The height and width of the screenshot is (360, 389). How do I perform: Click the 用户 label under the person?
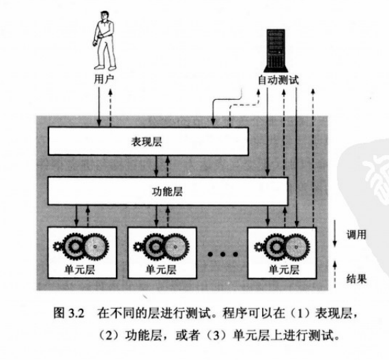coord(104,79)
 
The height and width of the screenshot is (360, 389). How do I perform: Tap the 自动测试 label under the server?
coord(278,80)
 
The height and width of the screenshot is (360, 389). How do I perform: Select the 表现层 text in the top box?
coord(147,142)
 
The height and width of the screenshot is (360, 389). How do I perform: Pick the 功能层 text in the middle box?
coord(167,191)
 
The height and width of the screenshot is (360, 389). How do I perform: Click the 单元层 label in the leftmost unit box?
coord(80,269)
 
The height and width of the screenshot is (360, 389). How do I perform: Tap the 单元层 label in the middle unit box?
coord(161,269)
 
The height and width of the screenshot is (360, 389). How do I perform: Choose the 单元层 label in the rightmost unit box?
coord(284,269)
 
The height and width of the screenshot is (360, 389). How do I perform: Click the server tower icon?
coord(276,51)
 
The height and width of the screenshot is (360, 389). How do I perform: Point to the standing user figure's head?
coord(104,16)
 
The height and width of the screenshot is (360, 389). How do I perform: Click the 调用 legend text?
coord(356,234)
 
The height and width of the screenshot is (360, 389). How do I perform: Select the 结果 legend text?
coord(356,279)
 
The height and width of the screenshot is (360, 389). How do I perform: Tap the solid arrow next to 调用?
coord(334,233)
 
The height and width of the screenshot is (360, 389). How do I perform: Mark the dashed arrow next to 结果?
coord(334,275)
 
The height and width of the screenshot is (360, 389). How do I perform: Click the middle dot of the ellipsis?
coord(222,254)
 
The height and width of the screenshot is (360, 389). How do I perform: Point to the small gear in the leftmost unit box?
coord(58,247)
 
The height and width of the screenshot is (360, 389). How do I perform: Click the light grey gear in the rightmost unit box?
coord(297,247)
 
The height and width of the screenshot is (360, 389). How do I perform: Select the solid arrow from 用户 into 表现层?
coord(99,107)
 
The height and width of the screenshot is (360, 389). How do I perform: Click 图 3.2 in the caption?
coord(69,314)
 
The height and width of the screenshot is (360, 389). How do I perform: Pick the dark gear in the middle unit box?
coord(156,247)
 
